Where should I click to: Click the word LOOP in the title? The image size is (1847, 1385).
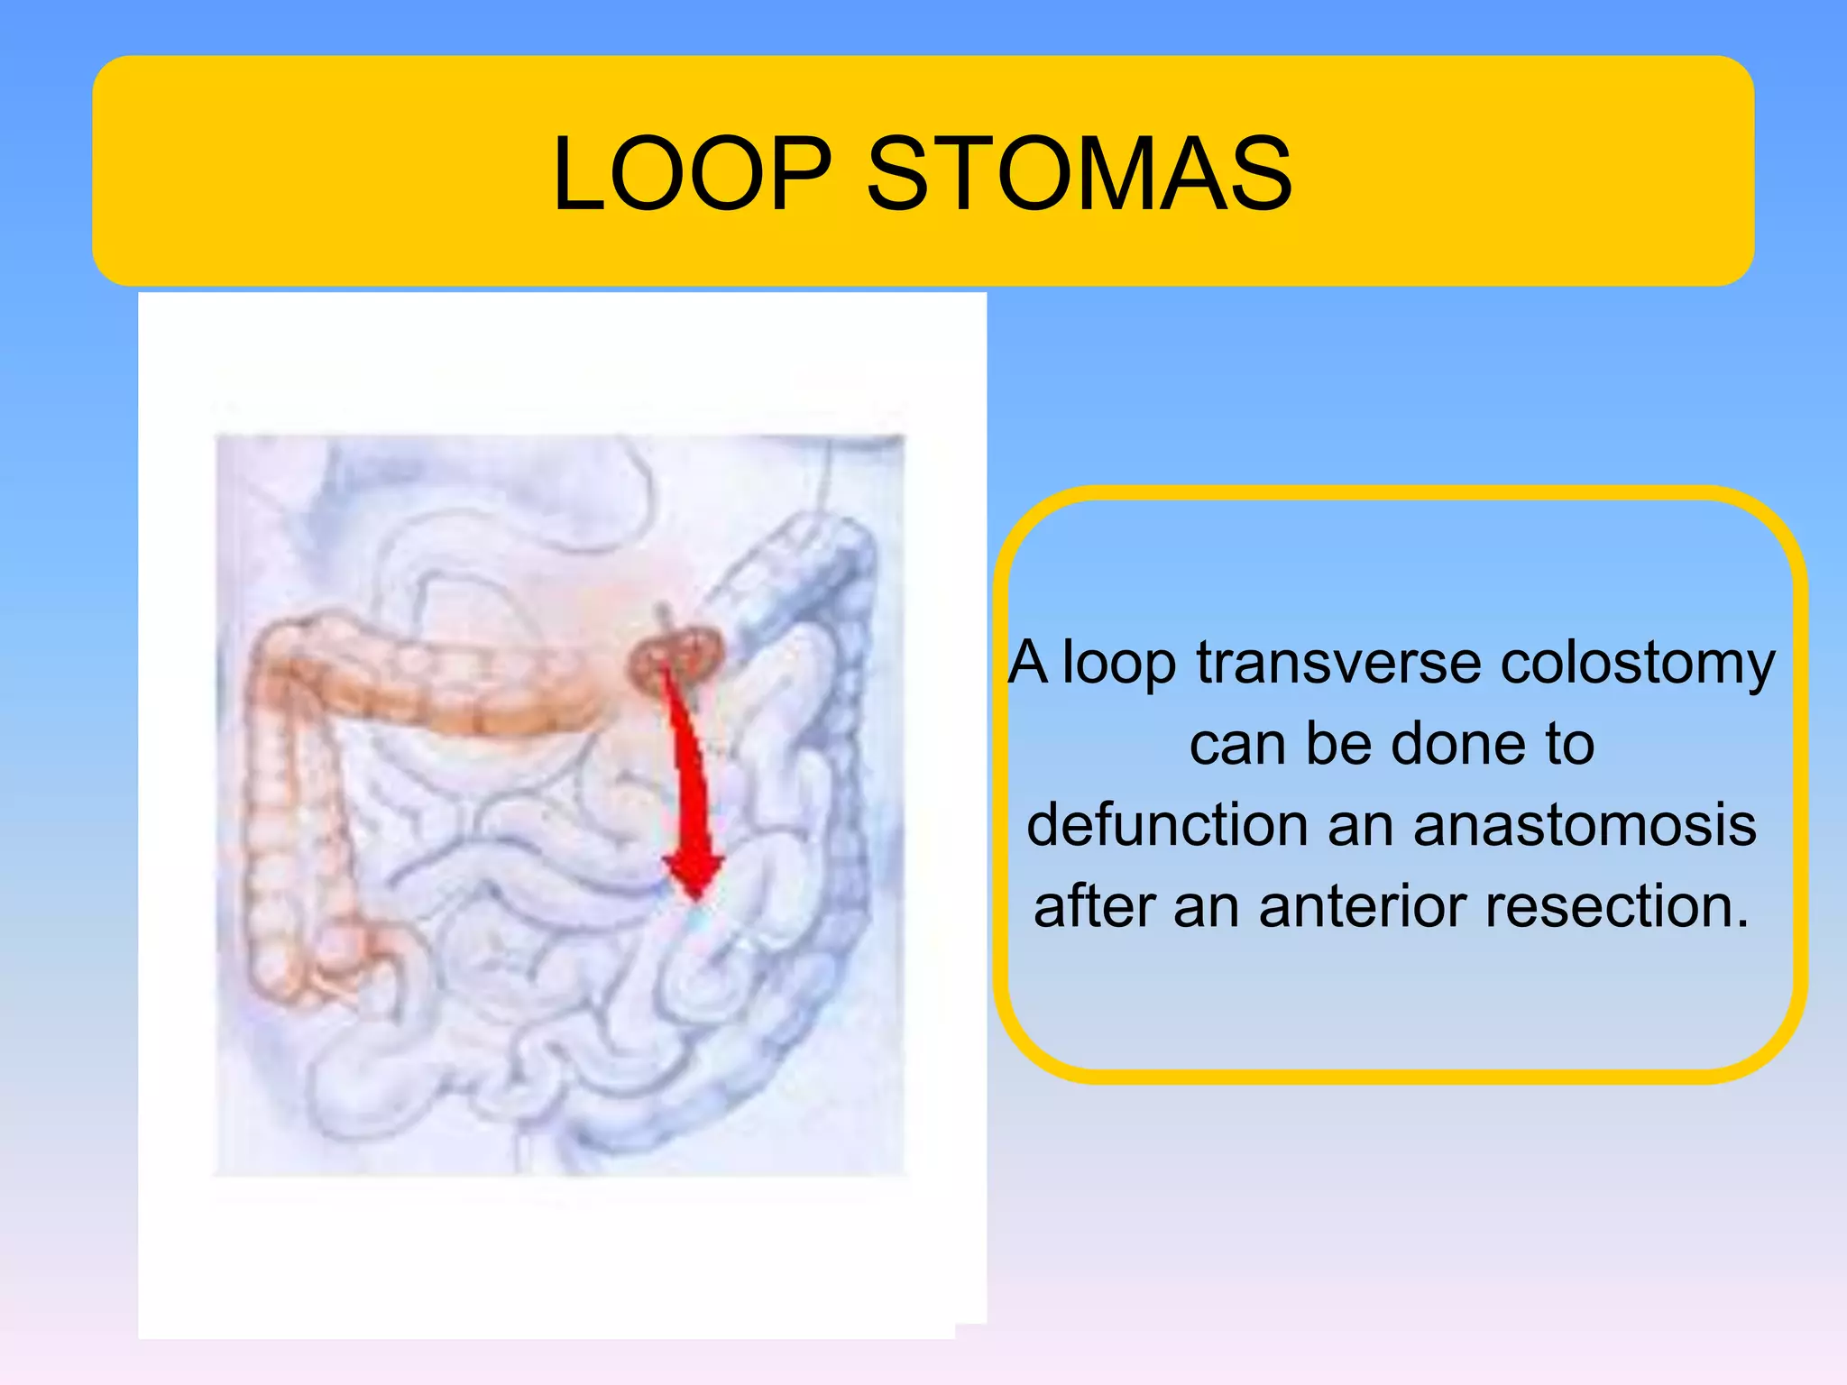pyautogui.click(x=692, y=173)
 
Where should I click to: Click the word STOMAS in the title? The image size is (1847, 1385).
pyautogui.click(x=1080, y=173)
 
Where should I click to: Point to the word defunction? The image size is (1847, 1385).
pyautogui.click(x=1166, y=825)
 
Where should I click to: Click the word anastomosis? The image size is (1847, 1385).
pyautogui.click(x=1585, y=825)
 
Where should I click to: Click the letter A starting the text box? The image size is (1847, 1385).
pyautogui.click(x=1028, y=663)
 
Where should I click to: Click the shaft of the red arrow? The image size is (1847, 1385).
pyautogui.click(x=689, y=766)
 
